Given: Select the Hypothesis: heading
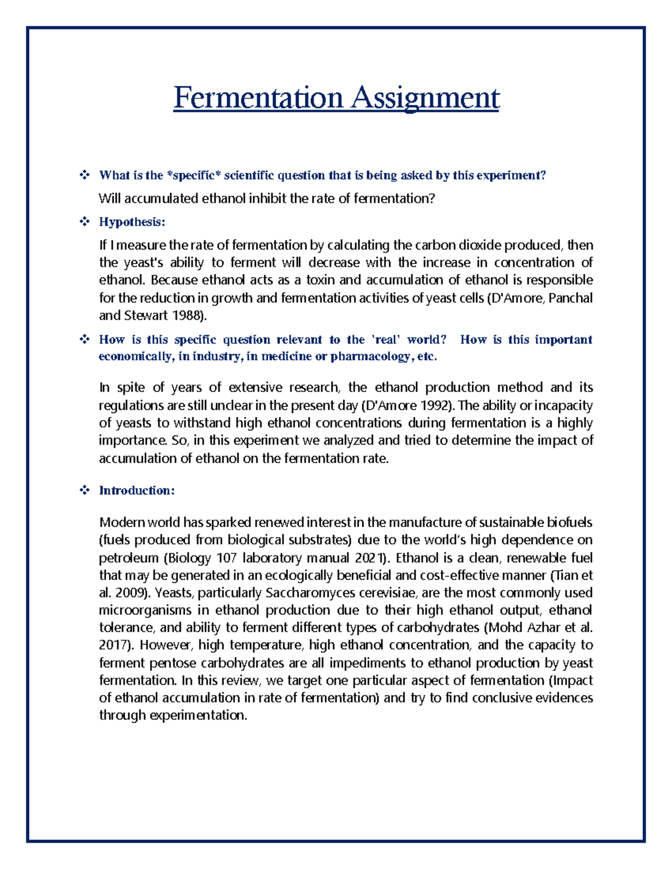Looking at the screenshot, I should [132, 222].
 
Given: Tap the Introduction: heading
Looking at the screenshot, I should [137, 491].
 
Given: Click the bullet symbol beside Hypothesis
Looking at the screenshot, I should [85, 222].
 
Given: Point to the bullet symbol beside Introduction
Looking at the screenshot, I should [85, 491].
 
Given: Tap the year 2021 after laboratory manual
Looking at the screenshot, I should [367, 558].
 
